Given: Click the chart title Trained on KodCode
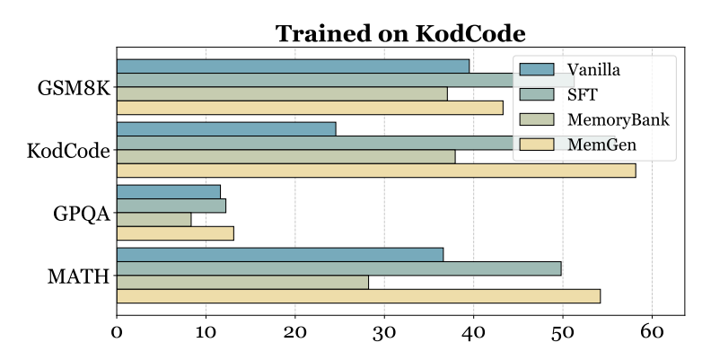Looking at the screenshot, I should (399, 34).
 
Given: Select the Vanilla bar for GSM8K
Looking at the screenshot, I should (293, 66).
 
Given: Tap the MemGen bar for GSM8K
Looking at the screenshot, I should (310, 108).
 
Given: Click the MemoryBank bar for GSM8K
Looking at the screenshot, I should (282, 93).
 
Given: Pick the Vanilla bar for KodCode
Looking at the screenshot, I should (226, 128).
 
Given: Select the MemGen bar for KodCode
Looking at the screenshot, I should (376, 171).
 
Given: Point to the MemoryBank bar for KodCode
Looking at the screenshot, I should (285, 156).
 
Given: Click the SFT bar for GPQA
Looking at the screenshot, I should (171, 206).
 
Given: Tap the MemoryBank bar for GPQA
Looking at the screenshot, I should (154, 219).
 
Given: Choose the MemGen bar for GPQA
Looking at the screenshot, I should (175, 233).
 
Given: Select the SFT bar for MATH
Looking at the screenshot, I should (338, 268).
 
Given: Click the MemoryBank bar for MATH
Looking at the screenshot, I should (242, 282).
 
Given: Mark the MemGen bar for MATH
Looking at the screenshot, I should (358, 296).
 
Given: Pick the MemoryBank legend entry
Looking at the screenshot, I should (610, 119).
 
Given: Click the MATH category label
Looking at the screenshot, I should (78, 276).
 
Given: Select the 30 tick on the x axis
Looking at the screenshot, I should (384, 332).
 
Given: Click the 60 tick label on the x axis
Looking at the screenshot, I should (652, 332).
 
